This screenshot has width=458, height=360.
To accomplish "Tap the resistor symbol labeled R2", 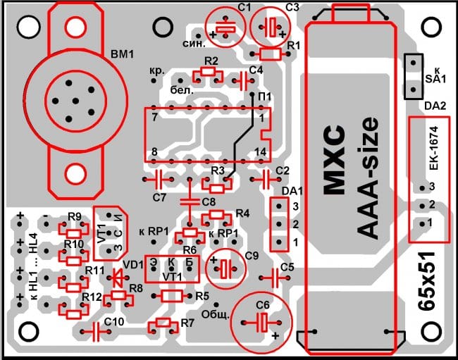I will point(207,72).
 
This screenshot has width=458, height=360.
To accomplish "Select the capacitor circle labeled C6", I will point(261,323).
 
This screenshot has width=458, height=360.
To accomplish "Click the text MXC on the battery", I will point(333,161).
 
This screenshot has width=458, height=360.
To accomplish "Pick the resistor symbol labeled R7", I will point(164,324).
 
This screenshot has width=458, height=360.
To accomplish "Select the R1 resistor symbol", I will point(269,54).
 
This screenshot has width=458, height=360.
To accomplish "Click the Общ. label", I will point(216,314).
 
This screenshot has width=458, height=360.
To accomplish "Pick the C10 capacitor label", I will point(113,321).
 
